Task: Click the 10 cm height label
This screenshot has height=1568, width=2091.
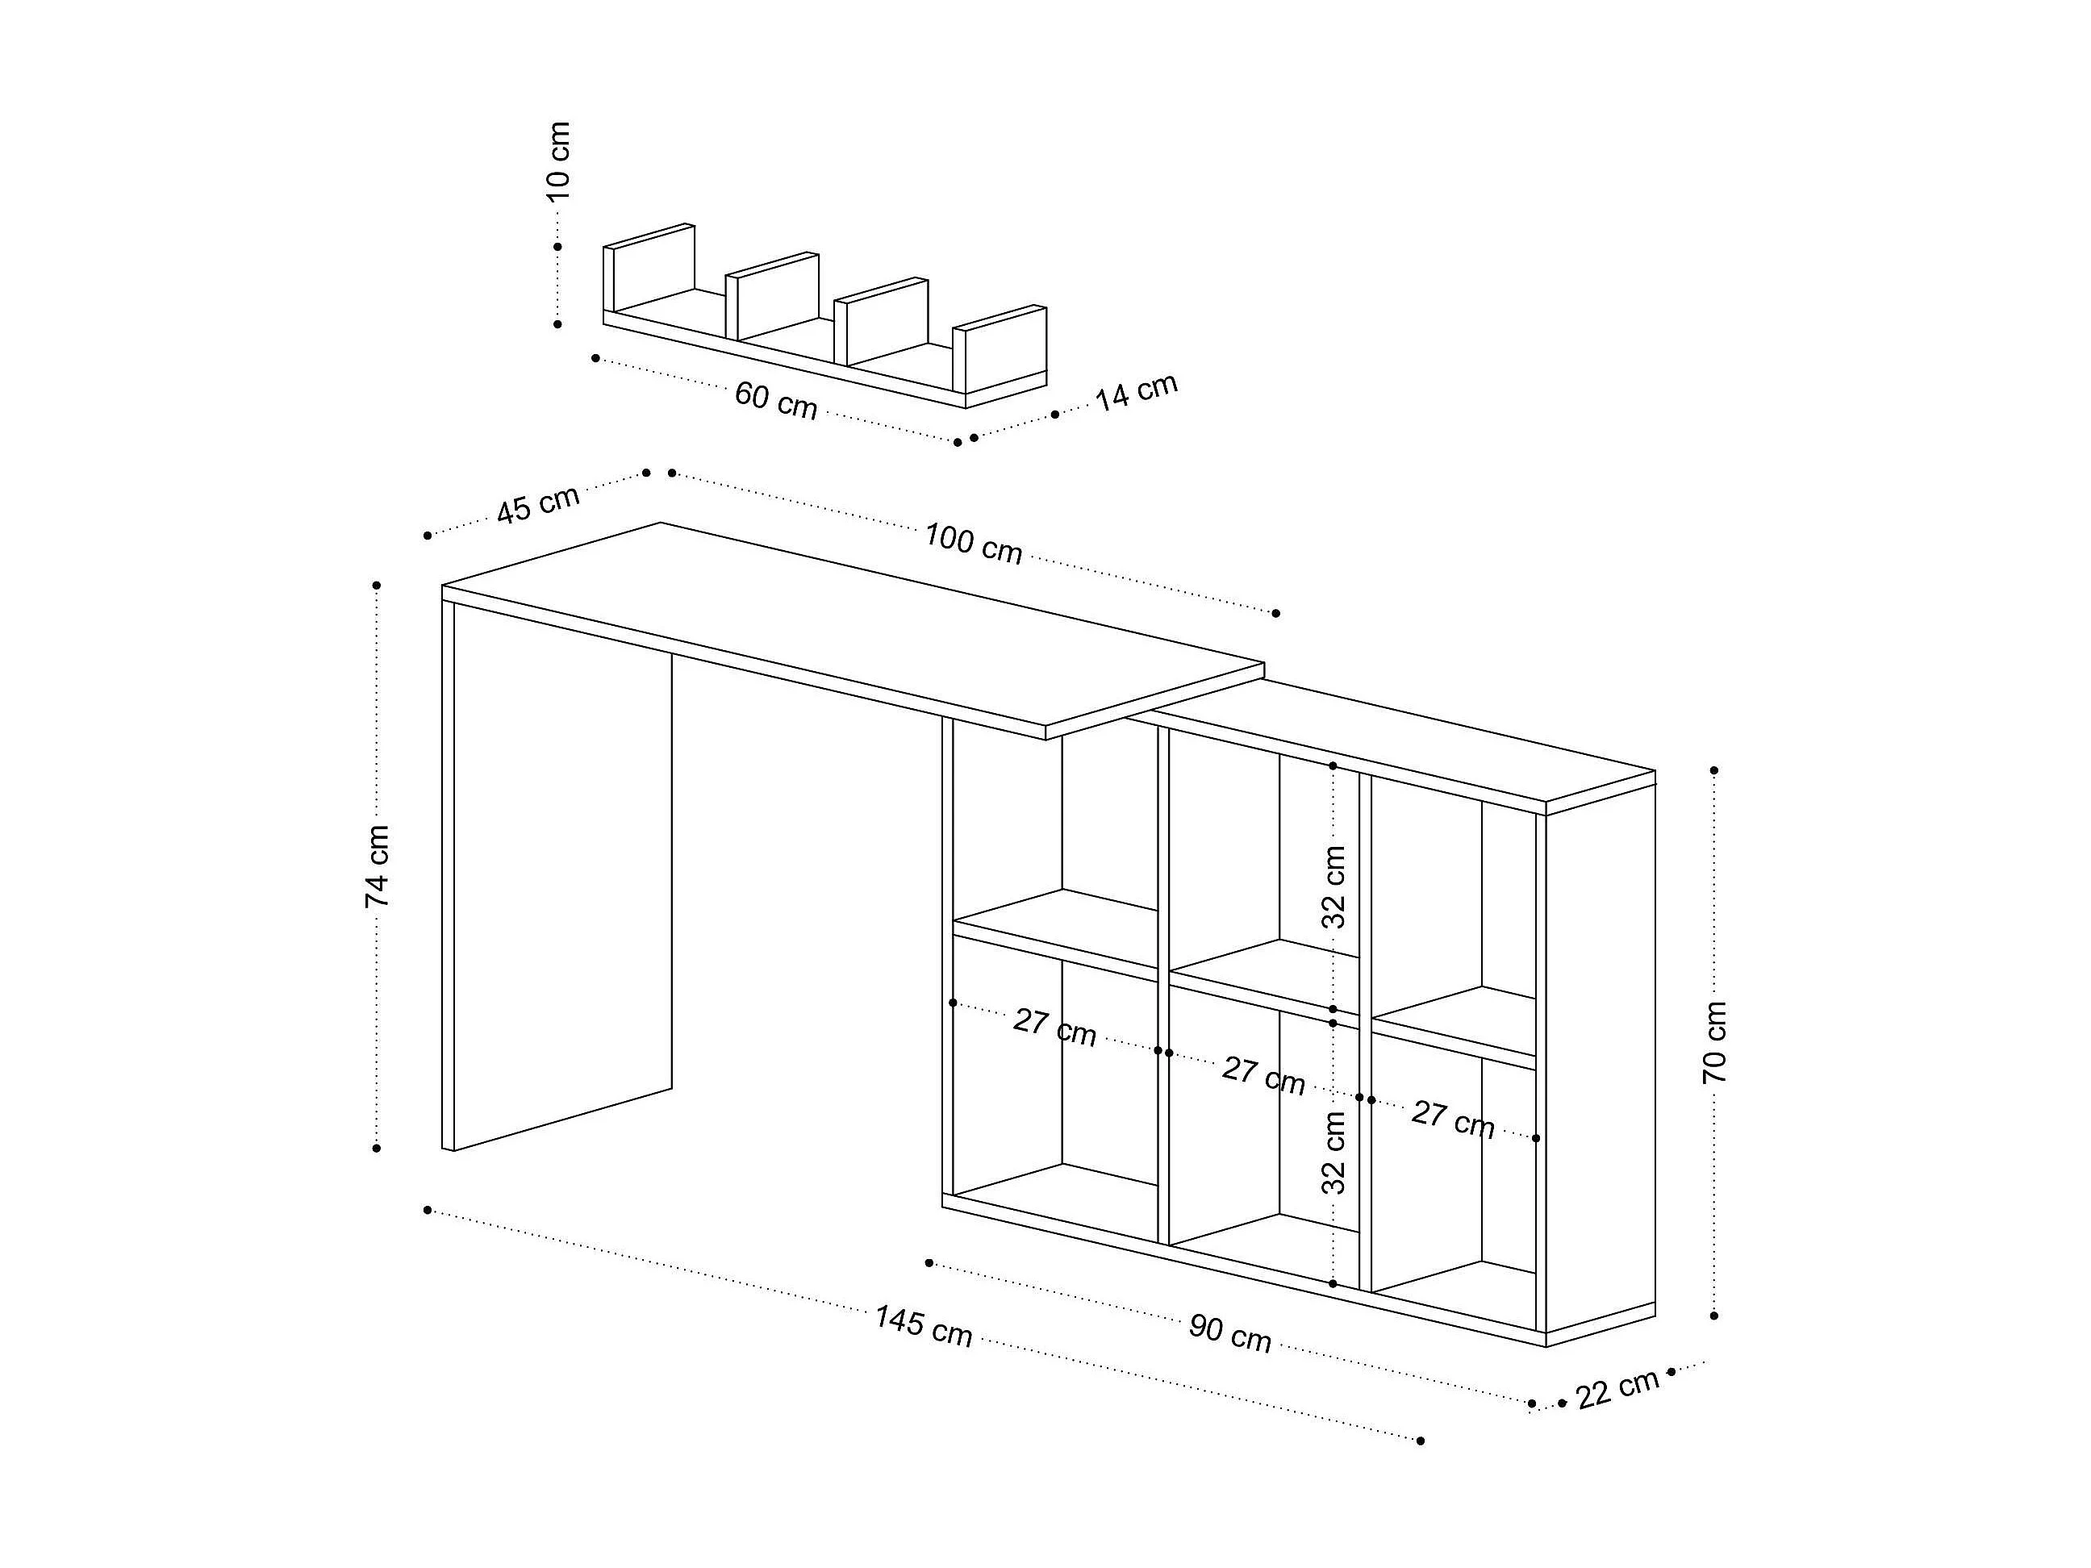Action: (559, 161)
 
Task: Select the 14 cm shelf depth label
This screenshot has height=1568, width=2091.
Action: (1136, 391)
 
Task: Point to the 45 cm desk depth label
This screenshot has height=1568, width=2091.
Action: (538, 505)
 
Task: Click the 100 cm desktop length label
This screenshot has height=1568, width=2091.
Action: (973, 544)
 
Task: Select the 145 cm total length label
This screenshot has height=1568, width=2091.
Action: (923, 1325)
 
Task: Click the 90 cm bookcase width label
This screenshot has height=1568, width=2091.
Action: (1229, 1332)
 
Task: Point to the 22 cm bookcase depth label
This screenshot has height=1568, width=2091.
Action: (1617, 1387)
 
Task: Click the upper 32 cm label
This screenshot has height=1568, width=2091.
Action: (1333, 886)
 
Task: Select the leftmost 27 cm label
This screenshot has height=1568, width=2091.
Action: (1054, 1028)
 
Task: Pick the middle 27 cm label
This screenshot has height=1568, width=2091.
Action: (1263, 1075)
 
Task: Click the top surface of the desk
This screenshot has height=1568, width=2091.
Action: (851, 623)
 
